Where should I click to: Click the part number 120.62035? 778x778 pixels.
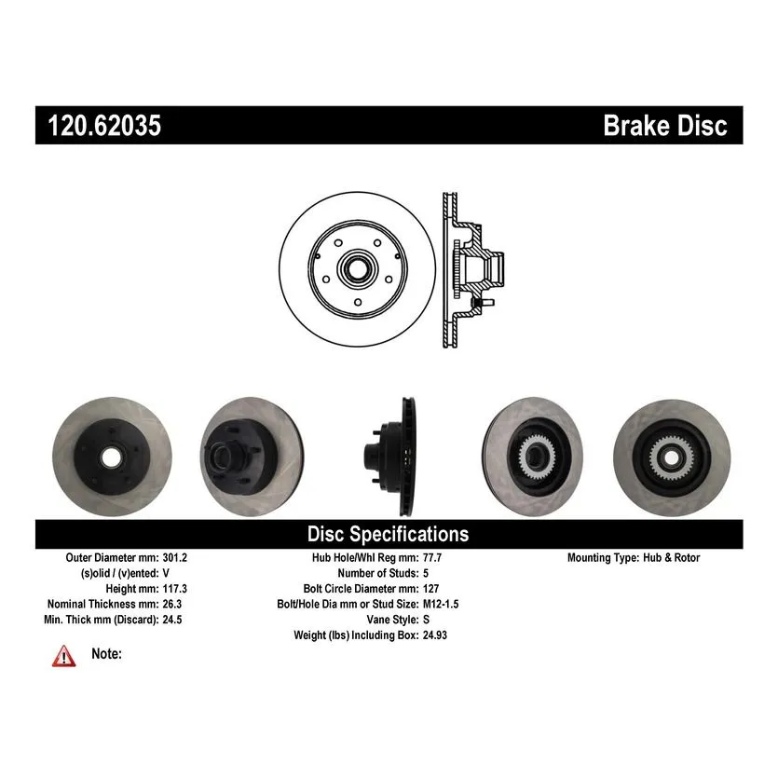coord(104,125)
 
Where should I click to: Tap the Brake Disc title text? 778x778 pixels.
coord(665,125)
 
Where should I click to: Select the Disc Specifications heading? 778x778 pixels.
coord(388,535)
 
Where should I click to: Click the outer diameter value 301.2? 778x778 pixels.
coord(174,558)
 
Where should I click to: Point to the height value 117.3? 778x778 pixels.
coord(174,589)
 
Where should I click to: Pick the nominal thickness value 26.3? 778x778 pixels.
coord(172,605)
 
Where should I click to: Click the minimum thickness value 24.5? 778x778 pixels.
coord(172,620)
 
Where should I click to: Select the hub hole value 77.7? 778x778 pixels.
coord(432,558)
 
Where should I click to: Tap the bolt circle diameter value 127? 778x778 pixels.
coord(430,589)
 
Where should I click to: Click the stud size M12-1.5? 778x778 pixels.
coord(441,605)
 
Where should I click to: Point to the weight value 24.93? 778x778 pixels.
coord(434,635)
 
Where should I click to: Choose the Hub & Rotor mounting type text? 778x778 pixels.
coord(672,558)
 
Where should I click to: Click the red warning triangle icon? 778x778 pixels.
coord(64,657)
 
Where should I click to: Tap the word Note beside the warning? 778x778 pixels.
coord(106,654)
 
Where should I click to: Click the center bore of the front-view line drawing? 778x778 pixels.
coord(357,269)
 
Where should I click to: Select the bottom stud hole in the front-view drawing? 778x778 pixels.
coord(358,302)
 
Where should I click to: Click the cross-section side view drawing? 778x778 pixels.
coord(472,269)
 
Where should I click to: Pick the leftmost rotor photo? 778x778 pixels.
coord(112,457)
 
